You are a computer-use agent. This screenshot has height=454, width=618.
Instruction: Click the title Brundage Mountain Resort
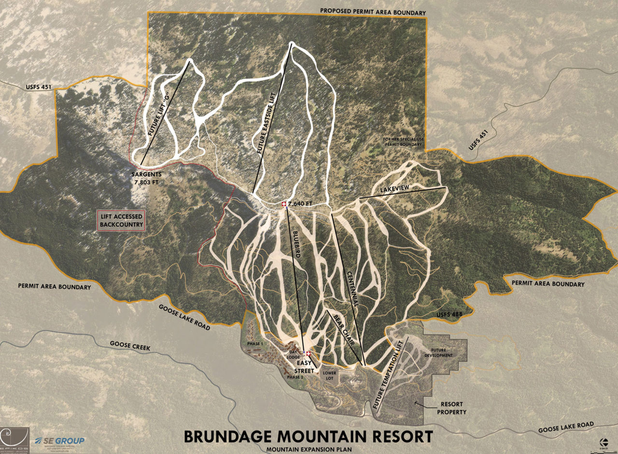tap(308, 436)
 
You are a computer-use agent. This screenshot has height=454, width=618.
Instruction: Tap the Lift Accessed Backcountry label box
tap(121, 220)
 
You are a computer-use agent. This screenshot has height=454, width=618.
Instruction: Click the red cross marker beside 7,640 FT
tap(284, 205)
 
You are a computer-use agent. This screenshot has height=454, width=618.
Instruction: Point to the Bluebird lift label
tap(297, 248)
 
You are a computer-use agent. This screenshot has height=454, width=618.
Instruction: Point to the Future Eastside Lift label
tap(268, 127)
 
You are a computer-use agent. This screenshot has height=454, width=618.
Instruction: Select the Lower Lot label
tap(330, 376)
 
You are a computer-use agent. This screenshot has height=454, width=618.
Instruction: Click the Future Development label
tap(442, 352)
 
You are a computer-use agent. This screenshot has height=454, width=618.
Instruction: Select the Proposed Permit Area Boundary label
tap(373, 12)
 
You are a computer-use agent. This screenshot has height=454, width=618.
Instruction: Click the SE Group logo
tap(60, 440)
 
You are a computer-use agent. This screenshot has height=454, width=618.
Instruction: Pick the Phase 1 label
tap(254, 343)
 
